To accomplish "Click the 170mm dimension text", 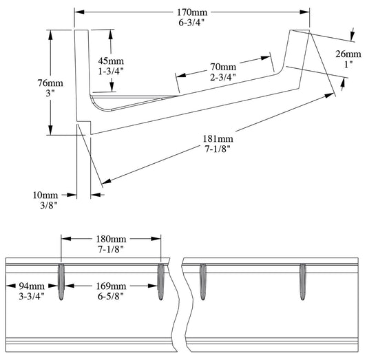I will coord(192,12).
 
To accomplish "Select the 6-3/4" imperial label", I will coord(192,23).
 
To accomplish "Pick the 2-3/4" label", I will coord(222,78).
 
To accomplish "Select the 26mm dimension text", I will coord(348,54).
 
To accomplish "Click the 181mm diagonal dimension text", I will coord(218,140).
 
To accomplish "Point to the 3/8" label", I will coord(47,204).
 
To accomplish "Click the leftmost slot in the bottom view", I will coord(61,282).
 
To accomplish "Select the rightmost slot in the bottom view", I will coord(302,282).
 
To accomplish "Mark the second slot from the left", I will coord(161,282).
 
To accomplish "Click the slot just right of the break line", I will coord(202,282).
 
